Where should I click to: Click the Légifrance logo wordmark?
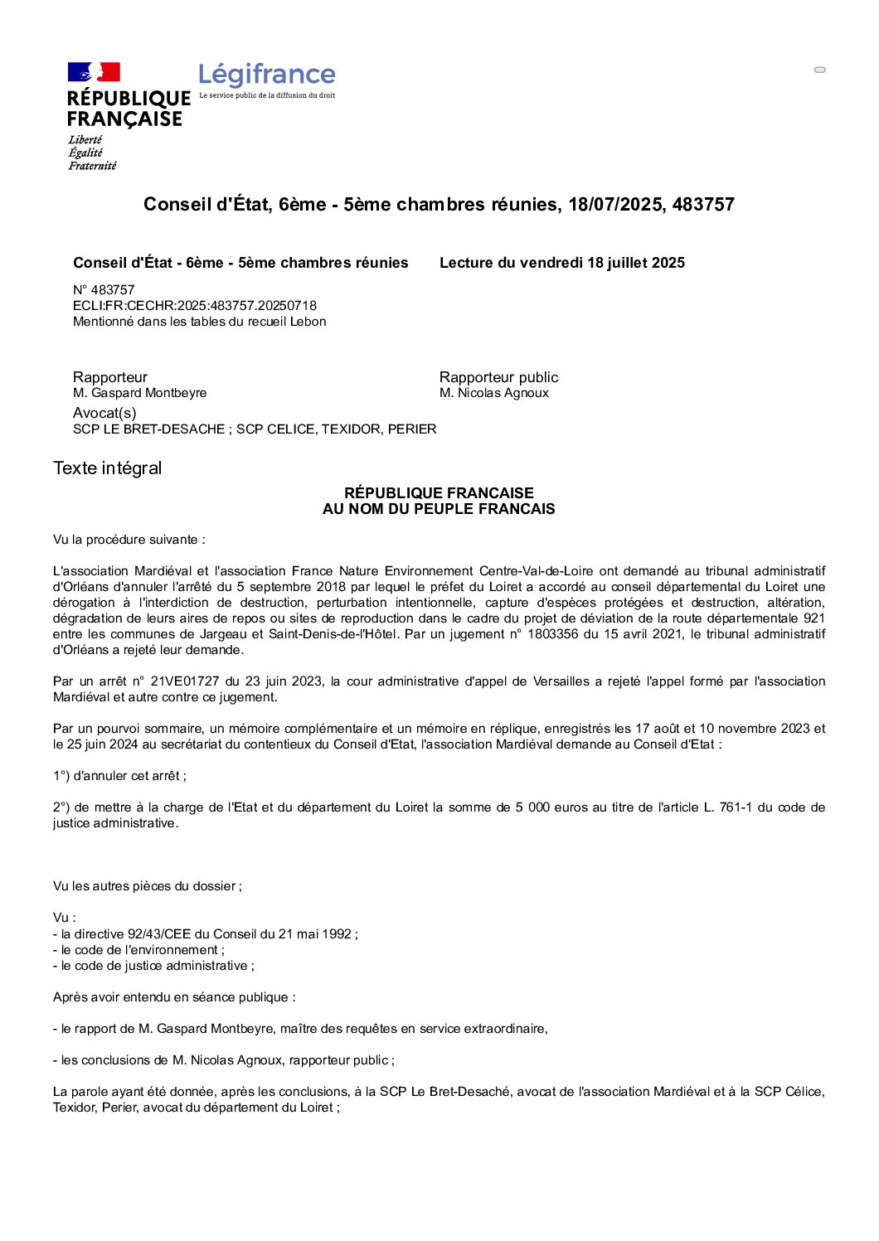pyautogui.click(x=266, y=75)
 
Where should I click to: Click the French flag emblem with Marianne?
pyautogui.click(x=94, y=72)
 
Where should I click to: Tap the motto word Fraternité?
pyautogui.click(x=92, y=166)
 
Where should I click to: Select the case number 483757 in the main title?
pyautogui.click(x=703, y=205)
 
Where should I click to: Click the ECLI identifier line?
pyautogui.click(x=195, y=306)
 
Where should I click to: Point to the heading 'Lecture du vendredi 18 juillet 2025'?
pyautogui.click(x=561, y=263)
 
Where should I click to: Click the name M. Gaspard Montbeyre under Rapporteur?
pyautogui.click(x=140, y=393)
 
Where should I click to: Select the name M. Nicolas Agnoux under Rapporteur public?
pyautogui.click(x=494, y=393)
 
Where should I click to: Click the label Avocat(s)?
pyautogui.click(x=104, y=413)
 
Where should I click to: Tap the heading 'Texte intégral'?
pyautogui.click(x=108, y=468)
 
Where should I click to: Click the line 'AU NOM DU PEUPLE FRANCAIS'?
pyautogui.click(x=439, y=509)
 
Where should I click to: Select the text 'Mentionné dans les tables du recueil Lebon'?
pyautogui.click(x=200, y=322)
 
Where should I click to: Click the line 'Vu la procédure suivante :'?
pyautogui.click(x=129, y=540)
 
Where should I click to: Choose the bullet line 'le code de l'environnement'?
pyautogui.click(x=139, y=950)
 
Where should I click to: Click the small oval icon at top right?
pyautogui.click(x=820, y=70)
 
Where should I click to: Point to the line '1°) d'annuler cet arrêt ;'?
pyautogui.click(x=120, y=776)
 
